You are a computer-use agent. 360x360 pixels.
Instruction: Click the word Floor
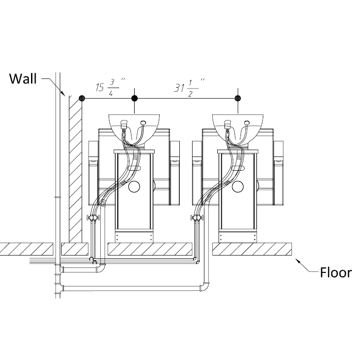[x=336, y=273]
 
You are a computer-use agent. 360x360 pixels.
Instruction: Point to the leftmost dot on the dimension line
[x=82, y=98]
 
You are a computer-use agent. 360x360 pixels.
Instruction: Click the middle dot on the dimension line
[x=134, y=98]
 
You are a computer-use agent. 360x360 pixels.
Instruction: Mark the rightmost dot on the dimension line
[x=237, y=98]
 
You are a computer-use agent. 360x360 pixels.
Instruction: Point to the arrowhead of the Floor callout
[x=297, y=261]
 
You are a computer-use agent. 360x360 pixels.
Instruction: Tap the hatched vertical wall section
[x=75, y=169]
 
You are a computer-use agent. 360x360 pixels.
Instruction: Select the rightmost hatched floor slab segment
[x=252, y=249]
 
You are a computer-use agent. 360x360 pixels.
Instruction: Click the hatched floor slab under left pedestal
[x=148, y=249]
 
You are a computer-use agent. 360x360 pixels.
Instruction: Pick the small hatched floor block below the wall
[x=74, y=249]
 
